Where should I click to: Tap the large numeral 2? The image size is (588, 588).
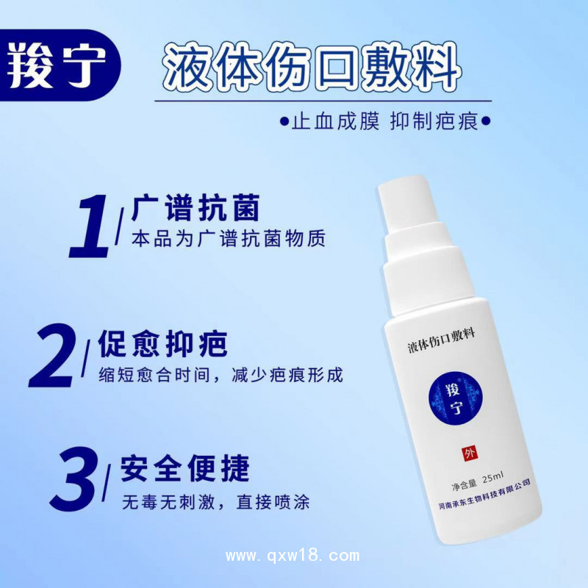[x=52, y=356]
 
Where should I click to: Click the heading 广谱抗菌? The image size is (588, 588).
[x=196, y=208]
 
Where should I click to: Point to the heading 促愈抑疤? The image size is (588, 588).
[x=162, y=343]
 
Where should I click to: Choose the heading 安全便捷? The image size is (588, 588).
[x=185, y=469]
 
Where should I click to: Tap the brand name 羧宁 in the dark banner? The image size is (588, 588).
[x=57, y=65]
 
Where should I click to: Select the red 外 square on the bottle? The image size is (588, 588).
[x=470, y=453]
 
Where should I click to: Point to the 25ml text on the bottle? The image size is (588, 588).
[x=493, y=478]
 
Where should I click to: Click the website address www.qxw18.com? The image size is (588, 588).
[x=293, y=556]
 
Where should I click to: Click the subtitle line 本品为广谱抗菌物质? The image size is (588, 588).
[x=229, y=238]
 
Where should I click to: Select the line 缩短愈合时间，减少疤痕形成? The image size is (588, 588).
[x=221, y=375]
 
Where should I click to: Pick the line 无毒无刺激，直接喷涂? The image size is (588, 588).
[x=215, y=502]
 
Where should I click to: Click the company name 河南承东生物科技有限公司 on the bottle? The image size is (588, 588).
[x=485, y=494]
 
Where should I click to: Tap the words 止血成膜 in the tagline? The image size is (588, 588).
[x=335, y=121]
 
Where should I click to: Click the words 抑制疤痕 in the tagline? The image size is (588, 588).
[x=434, y=121]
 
